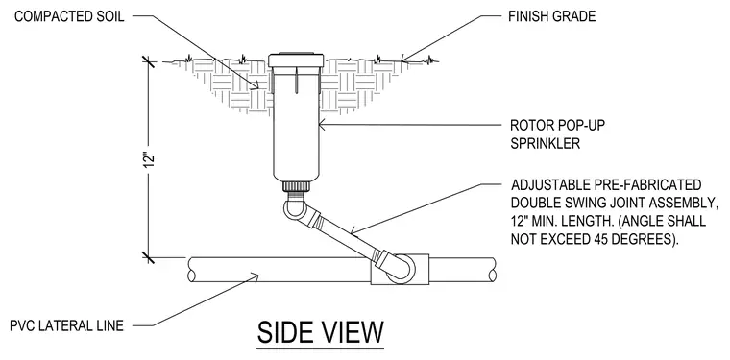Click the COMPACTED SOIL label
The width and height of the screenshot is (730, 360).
pos(69,16)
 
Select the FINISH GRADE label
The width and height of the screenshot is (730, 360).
pos(551,16)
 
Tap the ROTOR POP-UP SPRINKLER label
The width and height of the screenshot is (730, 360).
pos(558,134)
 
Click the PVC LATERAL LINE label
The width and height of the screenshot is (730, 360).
pos(67,325)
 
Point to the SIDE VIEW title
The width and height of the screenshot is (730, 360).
pos(321,332)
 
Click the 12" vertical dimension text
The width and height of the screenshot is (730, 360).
pos(149,160)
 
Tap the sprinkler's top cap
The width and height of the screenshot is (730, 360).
pos(296,60)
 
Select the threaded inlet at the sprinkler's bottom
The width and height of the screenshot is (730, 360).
pos(296,185)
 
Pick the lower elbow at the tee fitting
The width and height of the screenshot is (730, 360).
pos(399,269)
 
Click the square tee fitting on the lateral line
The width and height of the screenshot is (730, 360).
pos(400,269)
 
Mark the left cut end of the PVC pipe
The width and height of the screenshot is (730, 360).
pos(191,270)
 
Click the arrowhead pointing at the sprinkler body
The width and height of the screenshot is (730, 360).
pos(323,125)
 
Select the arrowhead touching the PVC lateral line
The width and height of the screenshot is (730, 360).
pos(255,278)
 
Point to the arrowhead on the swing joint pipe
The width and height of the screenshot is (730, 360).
pos(353,229)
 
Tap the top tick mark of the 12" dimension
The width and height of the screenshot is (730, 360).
pos(149,61)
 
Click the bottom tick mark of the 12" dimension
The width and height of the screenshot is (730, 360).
pos(149,257)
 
